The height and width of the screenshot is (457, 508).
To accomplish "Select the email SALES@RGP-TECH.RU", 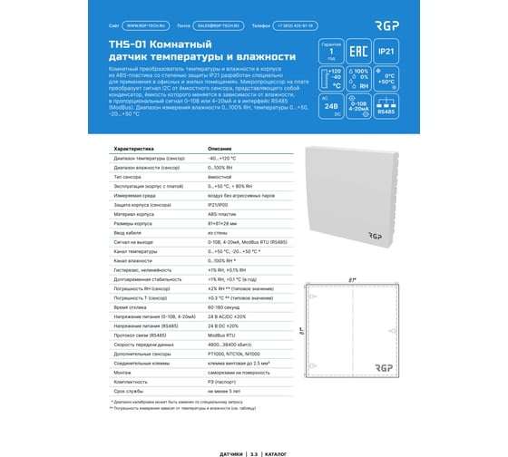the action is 229,28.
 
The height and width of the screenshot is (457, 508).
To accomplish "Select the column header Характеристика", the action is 133,148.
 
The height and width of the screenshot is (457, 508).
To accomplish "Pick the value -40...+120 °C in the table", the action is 223,159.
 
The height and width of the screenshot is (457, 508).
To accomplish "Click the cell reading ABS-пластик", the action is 222,214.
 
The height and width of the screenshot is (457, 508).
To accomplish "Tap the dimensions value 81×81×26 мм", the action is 225,223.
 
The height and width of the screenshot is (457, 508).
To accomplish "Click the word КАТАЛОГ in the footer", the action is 272,450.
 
